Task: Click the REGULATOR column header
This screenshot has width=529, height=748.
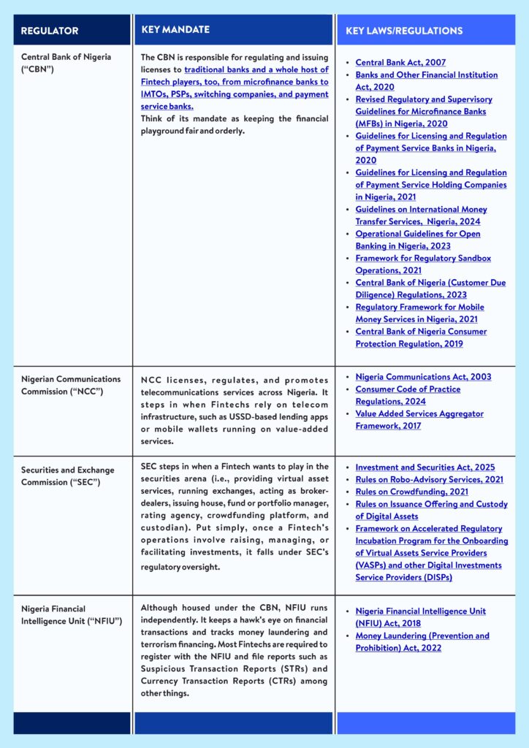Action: point(50,31)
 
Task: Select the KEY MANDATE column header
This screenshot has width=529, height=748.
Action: point(175,30)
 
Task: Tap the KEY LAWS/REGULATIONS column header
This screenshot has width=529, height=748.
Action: point(400,31)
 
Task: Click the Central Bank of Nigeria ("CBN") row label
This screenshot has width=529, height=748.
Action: point(66,63)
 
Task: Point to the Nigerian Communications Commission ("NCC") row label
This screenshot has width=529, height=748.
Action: point(71,385)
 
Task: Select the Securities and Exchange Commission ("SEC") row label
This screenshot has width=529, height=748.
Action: point(69,476)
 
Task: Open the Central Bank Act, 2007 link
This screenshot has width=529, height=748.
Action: point(400,63)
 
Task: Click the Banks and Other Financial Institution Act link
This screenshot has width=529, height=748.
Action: point(426,80)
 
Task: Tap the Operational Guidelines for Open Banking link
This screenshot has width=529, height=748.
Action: point(417,240)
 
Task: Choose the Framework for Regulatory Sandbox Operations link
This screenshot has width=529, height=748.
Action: point(422,264)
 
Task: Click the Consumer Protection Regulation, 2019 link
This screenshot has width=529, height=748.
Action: point(421,337)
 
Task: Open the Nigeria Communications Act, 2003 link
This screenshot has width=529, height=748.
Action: point(423,377)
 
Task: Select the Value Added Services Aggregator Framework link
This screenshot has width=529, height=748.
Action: point(419,419)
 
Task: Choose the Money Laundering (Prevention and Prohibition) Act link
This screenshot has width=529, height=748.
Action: point(422,641)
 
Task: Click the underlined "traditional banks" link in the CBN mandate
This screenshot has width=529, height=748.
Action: point(219,69)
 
